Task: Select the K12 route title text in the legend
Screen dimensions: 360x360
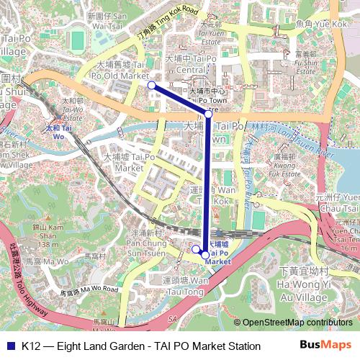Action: [141, 346]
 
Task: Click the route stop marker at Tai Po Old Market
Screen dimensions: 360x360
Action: [151, 85]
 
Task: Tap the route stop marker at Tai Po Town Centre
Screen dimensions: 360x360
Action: [208, 113]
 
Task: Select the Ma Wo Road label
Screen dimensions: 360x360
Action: [88, 291]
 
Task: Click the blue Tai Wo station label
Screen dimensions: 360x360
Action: [59, 131]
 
